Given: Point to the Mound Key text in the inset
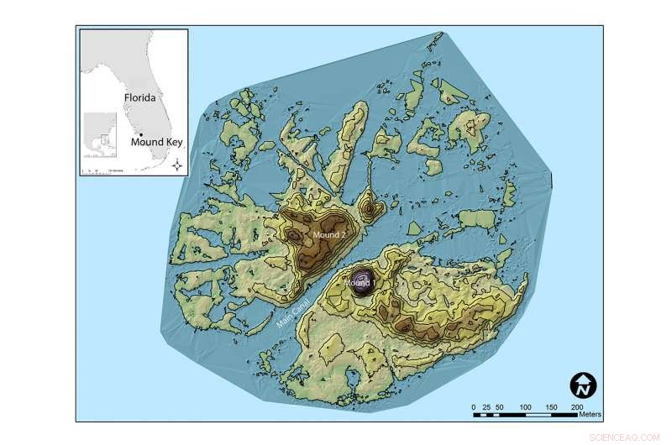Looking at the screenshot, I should [157, 142].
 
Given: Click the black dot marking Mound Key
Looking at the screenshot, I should [141, 134].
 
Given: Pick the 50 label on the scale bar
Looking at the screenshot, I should [500, 406].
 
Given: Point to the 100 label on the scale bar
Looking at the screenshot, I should [527, 406].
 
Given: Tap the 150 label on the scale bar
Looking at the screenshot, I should [553, 406].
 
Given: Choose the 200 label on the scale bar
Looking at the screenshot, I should [579, 406].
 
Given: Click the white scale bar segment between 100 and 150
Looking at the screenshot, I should [539, 414].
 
